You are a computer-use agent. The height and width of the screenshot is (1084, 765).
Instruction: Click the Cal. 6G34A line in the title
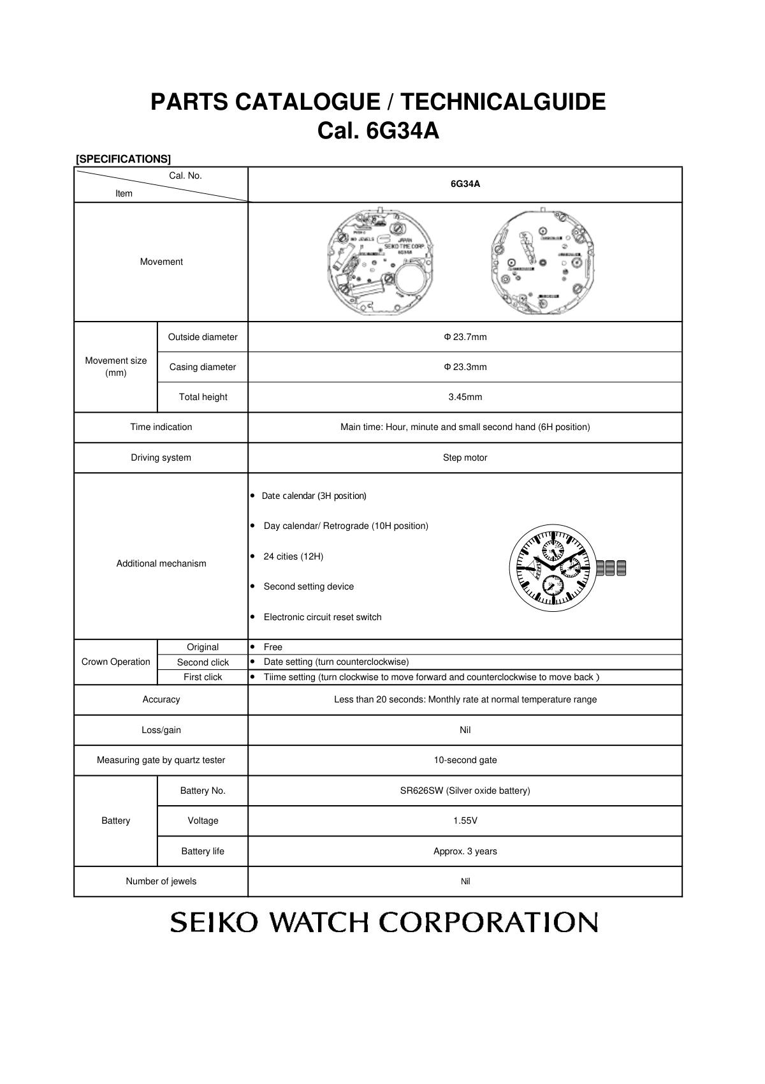[x=378, y=131]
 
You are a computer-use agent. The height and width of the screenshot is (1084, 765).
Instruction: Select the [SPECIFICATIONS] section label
[x=123, y=159]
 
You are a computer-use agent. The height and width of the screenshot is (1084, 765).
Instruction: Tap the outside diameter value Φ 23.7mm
[x=465, y=337]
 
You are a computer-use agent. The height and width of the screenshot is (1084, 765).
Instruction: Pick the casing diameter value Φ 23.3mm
[x=465, y=367]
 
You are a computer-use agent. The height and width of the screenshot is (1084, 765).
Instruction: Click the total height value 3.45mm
[x=465, y=397]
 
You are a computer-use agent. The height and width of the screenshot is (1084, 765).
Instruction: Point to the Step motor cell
[x=465, y=457]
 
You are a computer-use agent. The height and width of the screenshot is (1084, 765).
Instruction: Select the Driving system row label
[x=161, y=457]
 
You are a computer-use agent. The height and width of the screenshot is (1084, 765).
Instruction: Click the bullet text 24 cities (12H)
[x=293, y=556]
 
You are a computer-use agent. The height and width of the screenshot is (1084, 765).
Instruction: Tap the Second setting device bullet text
[x=309, y=586]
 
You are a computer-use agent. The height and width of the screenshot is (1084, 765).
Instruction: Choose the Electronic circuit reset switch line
[x=323, y=617]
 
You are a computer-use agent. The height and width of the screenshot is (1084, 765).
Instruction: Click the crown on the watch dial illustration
[x=612, y=568]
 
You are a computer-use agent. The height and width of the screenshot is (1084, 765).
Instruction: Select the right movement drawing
[x=543, y=262]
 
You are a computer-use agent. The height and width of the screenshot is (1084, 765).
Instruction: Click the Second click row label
[x=203, y=662]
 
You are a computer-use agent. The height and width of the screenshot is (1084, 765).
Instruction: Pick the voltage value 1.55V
[x=465, y=820]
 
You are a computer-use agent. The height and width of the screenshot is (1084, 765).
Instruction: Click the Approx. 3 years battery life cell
[x=465, y=851]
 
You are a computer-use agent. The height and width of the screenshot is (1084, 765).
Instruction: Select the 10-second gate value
[x=465, y=760]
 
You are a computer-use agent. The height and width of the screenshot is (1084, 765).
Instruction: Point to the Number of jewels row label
[x=161, y=881]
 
